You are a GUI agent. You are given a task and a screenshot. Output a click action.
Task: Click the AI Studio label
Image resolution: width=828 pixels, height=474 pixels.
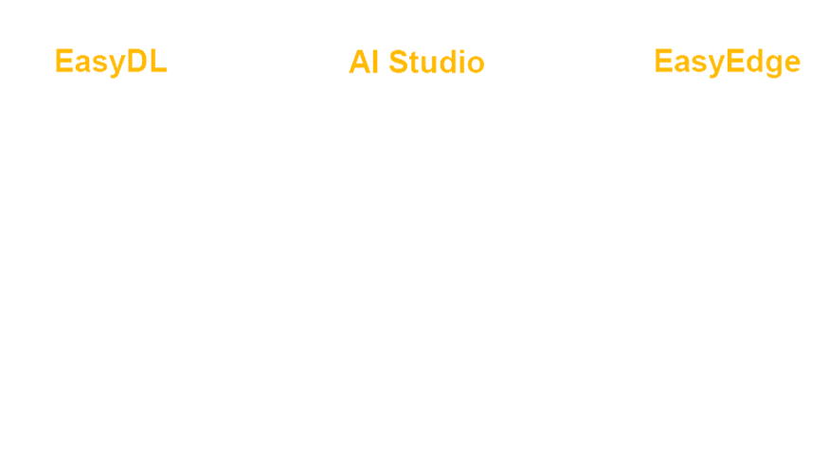click(x=416, y=63)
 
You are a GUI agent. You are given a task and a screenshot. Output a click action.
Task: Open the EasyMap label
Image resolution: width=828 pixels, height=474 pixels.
click(x=725, y=63)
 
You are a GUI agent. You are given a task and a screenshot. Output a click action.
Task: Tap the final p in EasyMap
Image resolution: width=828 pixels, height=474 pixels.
click(x=788, y=64)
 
